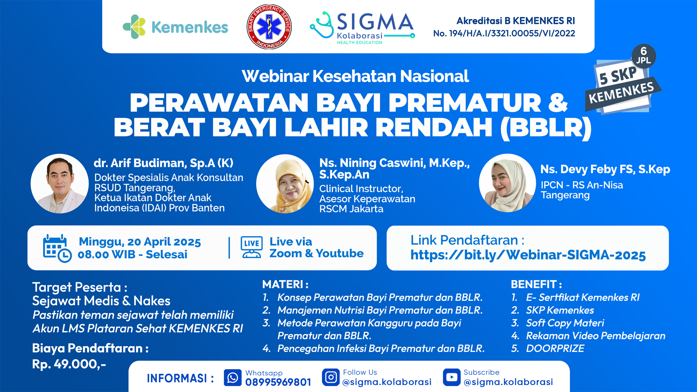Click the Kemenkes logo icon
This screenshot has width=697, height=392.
click(x=134, y=27)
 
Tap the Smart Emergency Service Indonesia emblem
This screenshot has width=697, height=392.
click(x=269, y=27)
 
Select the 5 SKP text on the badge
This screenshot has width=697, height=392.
click(x=618, y=75)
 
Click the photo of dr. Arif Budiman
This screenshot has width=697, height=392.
click(x=60, y=184)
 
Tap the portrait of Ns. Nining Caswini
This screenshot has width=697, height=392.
click(x=285, y=184)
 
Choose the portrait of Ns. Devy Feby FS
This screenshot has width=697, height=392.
click(x=507, y=183)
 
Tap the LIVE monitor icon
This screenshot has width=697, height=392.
click(x=252, y=247)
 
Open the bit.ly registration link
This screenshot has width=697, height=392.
click(x=528, y=255)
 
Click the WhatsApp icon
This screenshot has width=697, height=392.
click(x=233, y=378)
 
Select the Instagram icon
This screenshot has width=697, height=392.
click(x=331, y=377)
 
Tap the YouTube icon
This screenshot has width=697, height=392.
click(x=452, y=377)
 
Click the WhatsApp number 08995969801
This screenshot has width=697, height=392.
click(x=278, y=382)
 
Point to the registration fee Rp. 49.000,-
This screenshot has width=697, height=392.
click(x=69, y=364)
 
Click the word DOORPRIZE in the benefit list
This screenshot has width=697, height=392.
click(x=555, y=348)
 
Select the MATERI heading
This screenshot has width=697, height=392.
click(x=285, y=284)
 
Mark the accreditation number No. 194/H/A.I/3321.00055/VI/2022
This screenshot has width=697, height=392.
click(x=504, y=33)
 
